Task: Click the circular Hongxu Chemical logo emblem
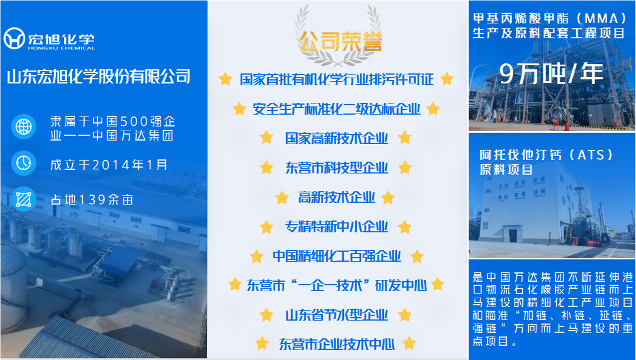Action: (x=14, y=38)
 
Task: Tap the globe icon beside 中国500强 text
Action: (x=23, y=127)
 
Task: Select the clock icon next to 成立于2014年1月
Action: (x=23, y=163)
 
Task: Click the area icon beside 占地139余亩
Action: (x=23, y=199)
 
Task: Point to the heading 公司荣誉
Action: (x=341, y=41)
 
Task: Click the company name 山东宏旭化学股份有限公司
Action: (x=99, y=76)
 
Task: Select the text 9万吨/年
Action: (x=551, y=74)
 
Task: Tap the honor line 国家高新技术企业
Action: (x=336, y=139)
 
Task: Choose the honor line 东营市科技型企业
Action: (x=336, y=168)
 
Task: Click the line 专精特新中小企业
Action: (x=336, y=227)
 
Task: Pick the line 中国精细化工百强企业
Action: (x=337, y=256)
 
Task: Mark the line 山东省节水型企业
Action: (x=336, y=315)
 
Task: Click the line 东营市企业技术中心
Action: (x=337, y=345)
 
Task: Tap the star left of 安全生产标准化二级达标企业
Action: (x=239, y=109)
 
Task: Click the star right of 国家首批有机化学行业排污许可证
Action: (x=447, y=79)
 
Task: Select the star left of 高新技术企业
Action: (x=282, y=197)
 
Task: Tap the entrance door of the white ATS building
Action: (x=513, y=236)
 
